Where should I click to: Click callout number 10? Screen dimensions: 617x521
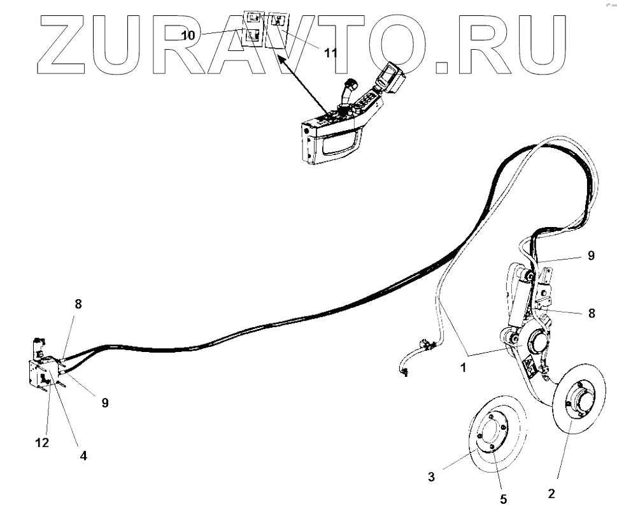(188, 36)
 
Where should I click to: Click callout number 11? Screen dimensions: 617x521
(331, 52)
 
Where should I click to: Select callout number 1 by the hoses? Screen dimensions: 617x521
(463, 368)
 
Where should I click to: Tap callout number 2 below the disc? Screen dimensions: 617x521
(551, 493)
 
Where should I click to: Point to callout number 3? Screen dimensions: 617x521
(432, 476)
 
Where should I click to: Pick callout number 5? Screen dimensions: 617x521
(503, 499)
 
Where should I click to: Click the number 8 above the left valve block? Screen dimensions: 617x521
(78, 304)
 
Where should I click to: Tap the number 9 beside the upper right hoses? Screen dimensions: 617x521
(591, 255)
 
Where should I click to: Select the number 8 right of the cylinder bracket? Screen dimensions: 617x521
(591, 313)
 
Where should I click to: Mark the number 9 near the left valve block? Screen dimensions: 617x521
(105, 402)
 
